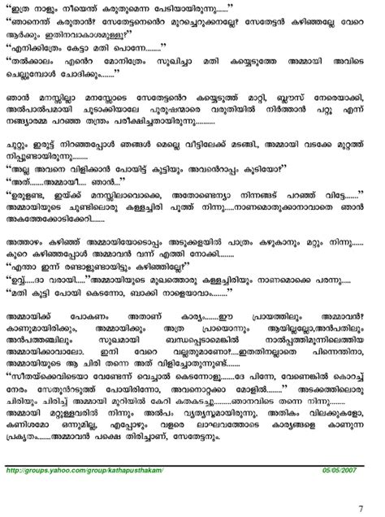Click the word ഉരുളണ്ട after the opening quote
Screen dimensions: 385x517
click(34, 219)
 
